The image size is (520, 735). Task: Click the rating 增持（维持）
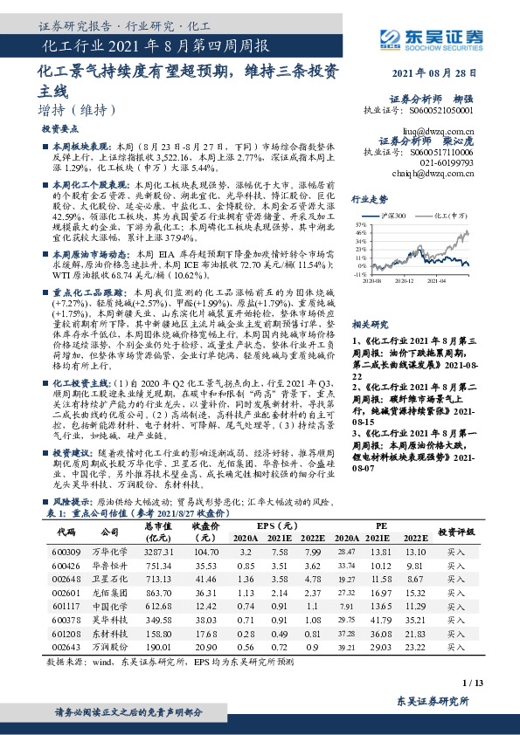(x=78, y=110)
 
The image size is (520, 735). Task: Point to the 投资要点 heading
(x=59, y=128)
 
